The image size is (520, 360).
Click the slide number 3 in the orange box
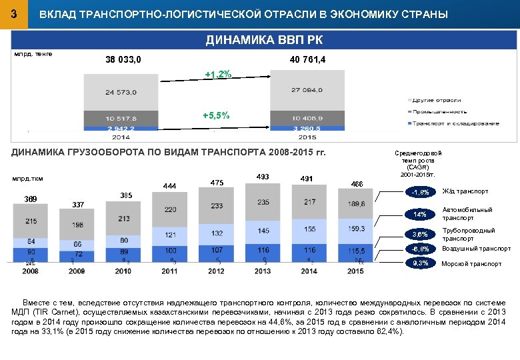[14, 13]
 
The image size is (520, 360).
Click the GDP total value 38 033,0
[123, 61]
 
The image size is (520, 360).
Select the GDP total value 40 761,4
[307, 61]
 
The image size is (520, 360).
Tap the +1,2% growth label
[218, 75]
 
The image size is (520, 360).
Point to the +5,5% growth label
[216, 116]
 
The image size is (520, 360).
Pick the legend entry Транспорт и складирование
[455, 123]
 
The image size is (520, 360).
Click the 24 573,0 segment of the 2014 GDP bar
[121, 92]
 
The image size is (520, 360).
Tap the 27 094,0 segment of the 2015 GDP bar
[307, 89]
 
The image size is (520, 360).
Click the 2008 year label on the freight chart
[30, 271]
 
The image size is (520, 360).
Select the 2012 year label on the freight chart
[216, 271]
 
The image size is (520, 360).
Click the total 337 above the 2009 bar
[79, 205]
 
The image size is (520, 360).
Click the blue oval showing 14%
[420, 214]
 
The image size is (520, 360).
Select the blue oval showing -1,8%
[420, 193]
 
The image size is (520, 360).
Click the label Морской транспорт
[471, 264]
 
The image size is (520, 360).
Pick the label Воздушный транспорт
[476, 249]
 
